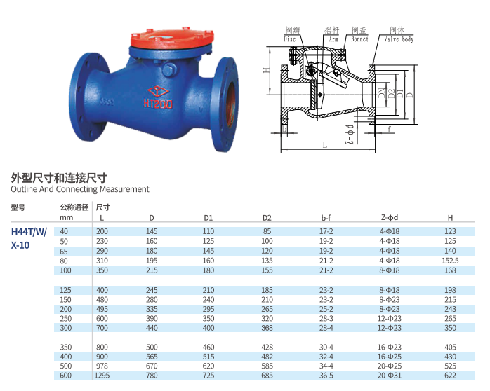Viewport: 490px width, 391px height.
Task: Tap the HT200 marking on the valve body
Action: (162, 103)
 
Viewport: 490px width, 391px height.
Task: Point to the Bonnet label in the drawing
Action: (359, 40)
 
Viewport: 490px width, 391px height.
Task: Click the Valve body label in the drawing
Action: (398, 40)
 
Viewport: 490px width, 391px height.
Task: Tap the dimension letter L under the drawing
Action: (324, 144)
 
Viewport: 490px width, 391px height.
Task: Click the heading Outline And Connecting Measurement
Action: (80, 189)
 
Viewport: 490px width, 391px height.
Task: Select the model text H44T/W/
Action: (29, 233)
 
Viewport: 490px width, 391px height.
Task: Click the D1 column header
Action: (208, 218)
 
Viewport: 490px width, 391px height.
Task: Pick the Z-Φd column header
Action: (389, 218)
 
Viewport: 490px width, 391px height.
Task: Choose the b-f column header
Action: (326, 218)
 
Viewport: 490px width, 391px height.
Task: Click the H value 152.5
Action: (450, 260)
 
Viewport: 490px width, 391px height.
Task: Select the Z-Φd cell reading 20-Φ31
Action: (389, 376)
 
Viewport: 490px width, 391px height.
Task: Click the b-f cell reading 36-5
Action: (326, 376)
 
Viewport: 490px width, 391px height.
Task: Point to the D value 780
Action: (152, 376)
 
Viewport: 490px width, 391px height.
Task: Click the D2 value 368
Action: (267, 327)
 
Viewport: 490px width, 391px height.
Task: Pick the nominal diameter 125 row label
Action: (67, 289)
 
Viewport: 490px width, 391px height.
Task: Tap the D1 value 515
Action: (208, 356)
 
